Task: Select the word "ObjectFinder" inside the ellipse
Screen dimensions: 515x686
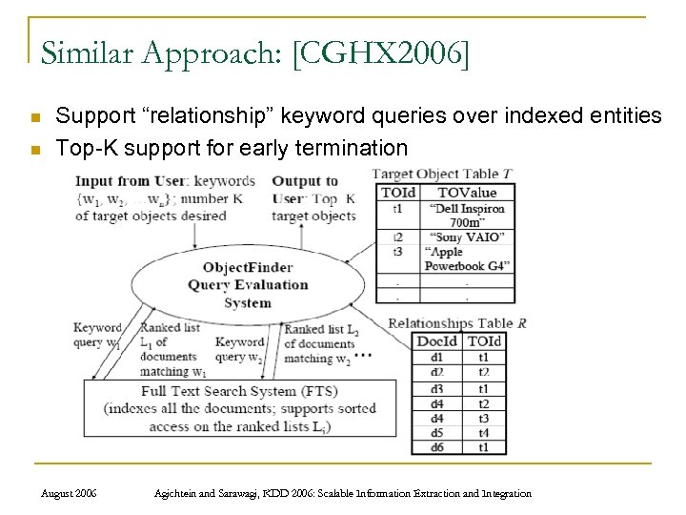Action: point(247,266)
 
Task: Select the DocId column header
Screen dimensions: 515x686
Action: point(437,340)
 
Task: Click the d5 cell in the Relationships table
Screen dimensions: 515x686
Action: point(437,432)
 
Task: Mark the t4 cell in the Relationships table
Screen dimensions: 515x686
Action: point(484,432)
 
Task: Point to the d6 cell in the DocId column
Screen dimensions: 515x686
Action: point(437,446)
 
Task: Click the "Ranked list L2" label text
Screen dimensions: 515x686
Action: point(320,329)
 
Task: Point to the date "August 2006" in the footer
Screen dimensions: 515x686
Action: point(71,493)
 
